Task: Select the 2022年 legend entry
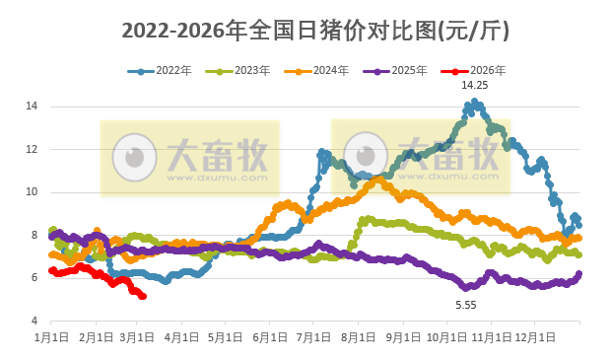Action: click(x=167, y=71)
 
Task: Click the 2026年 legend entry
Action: click(x=477, y=71)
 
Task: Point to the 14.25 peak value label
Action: click(x=475, y=86)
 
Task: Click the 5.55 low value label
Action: click(x=465, y=306)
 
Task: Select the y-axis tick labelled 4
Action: click(x=34, y=322)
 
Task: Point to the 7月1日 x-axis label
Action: click(x=313, y=337)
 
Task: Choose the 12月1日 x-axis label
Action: click(x=535, y=337)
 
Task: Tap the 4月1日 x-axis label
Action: click(x=181, y=337)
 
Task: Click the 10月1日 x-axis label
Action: click(x=446, y=337)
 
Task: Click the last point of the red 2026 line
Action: click(x=144, y=296)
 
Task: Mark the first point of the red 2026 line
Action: click(x=52, y=270)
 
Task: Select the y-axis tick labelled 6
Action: click(x=34, y=278)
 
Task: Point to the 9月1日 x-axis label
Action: click(x=402, y=337)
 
